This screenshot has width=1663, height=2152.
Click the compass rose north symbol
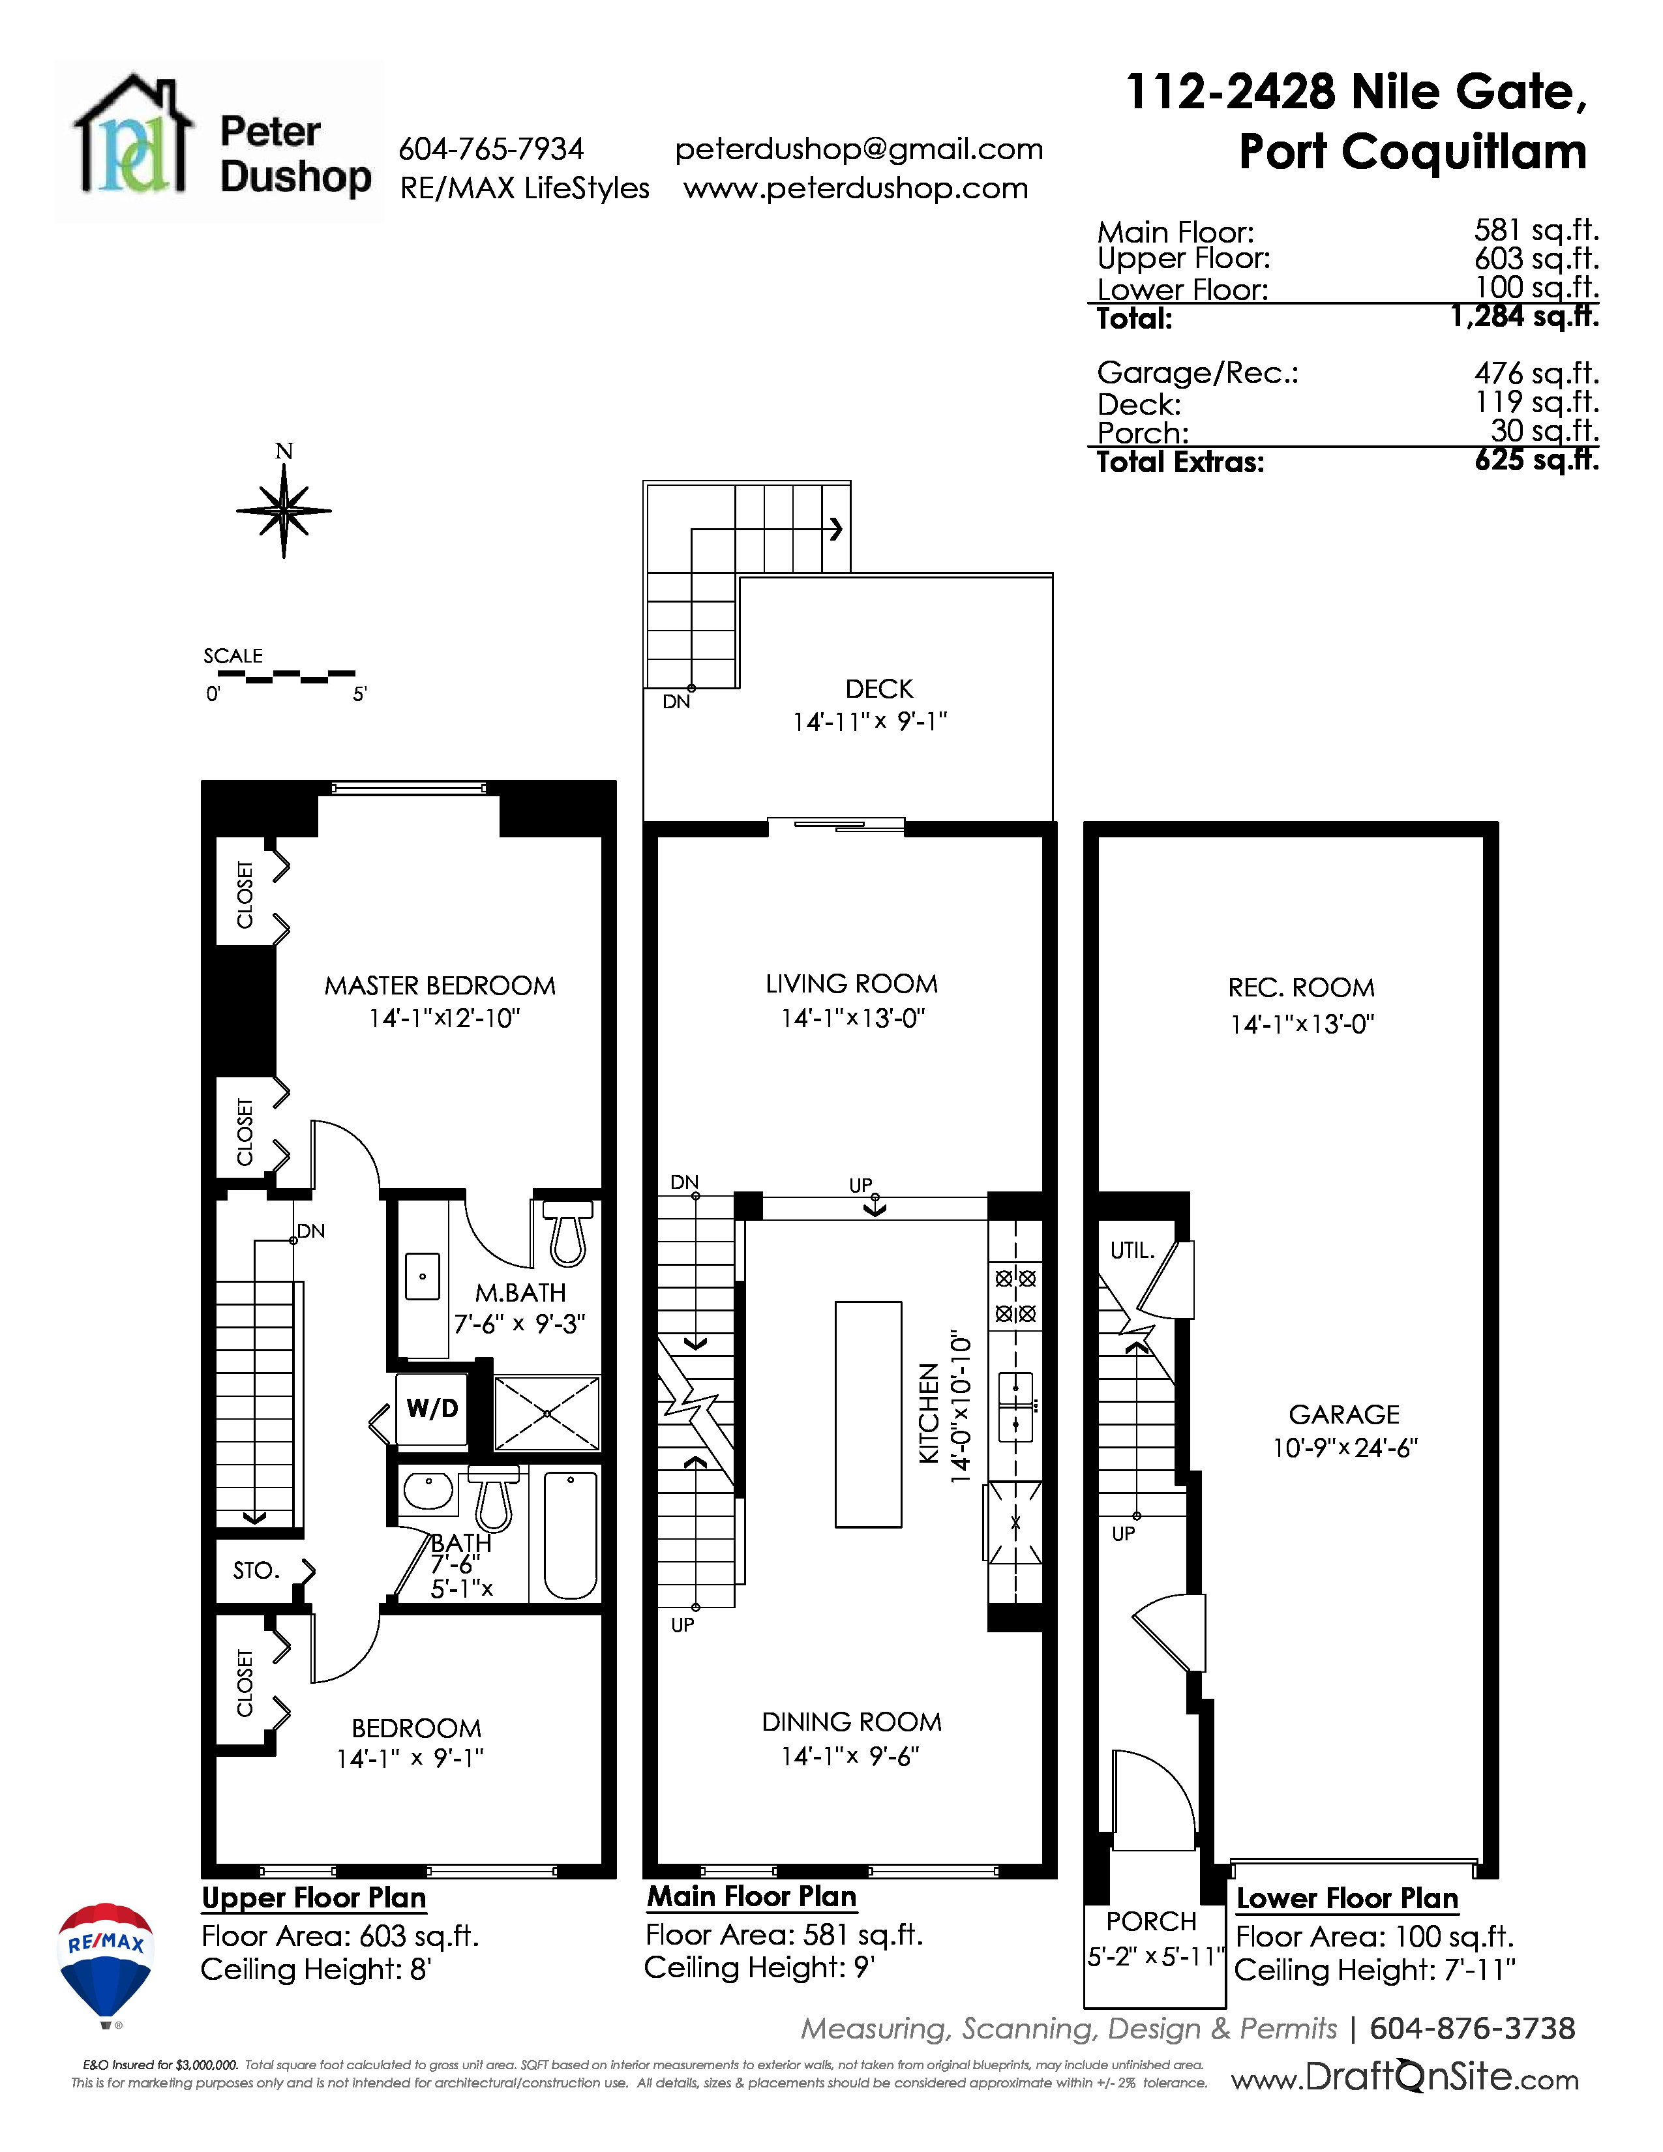click(284, 509)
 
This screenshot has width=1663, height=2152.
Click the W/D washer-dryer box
click(432, 1408)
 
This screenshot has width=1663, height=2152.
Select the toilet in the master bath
click(567, 1233)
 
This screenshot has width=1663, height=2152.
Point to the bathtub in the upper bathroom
click(571, 1534)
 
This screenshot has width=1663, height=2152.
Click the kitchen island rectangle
click(868, 1414)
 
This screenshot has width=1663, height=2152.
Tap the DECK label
click(879, 689)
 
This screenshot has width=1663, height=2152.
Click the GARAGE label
click(1344, 1414)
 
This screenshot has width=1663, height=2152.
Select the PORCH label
click(1150, 1920)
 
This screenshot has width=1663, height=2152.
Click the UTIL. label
click(1132, 1250)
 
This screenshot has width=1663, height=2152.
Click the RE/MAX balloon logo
click(106, 1963)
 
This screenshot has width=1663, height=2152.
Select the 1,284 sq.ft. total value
click(1524, 316)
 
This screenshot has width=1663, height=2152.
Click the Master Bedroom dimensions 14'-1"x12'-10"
click(444, 1018)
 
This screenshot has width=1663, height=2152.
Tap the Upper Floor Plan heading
click(313, 1898)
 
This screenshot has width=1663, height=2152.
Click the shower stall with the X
click(547, 1413)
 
